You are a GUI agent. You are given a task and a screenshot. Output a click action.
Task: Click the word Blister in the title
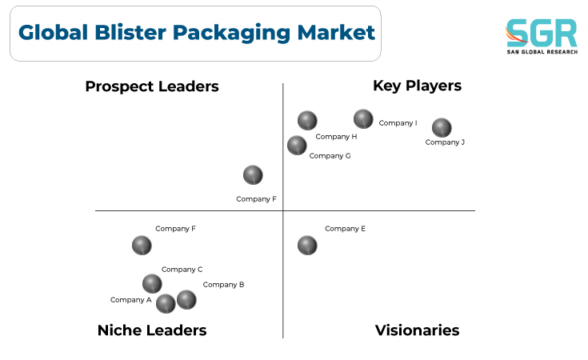[x=130, y=32]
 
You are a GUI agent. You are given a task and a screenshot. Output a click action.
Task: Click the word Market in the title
[x=336, y=32]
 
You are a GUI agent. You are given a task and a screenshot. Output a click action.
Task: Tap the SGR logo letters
[x=541, y=33]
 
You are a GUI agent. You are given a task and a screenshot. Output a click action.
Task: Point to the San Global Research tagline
[x=542, y=52]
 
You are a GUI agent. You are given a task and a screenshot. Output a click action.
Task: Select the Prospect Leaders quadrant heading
[x=152, y=86]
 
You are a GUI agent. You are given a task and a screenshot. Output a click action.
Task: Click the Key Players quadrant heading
[x=417, y=86]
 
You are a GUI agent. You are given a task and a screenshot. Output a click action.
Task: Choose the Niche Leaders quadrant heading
[x=152, y=330]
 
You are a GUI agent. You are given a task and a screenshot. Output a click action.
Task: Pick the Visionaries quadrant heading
[x=417, y=330]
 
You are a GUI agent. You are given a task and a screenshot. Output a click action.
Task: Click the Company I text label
[x=398, y=123]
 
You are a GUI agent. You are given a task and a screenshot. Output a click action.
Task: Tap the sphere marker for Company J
[x=442, y=128]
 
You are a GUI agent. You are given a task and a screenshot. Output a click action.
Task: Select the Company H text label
[x=336, y=137]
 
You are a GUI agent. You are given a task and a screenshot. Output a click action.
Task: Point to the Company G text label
[x=330, y=156]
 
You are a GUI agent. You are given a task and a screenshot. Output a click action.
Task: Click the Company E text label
[x=345, y=229]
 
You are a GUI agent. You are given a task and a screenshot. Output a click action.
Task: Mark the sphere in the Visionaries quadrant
[x=307, y=246]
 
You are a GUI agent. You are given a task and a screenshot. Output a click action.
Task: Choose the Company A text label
[x=131, y=300]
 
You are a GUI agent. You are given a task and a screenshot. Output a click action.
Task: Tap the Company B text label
[x=223, y=285]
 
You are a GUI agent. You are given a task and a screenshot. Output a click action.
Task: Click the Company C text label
[x=182, y=270]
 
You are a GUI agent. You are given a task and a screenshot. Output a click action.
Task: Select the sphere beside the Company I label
[x=363, y=119]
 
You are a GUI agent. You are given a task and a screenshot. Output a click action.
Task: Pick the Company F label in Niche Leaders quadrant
[x=175, y=229]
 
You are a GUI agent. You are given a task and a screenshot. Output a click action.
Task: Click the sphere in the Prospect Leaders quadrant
[x=253, y=175]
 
